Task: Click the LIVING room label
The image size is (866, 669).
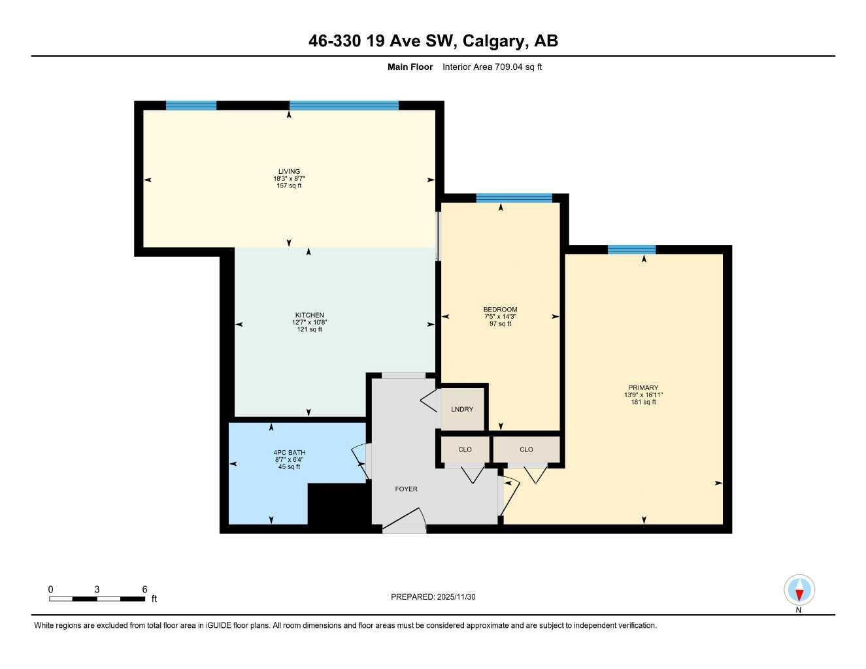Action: pyautogui.click(x=289, y=172)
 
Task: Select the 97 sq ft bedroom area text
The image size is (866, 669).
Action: pyautogui.click(x=500, y=323)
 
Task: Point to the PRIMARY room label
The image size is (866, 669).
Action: pyautogui.click(x=644, y=387)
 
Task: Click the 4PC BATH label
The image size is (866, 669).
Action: pyautogui.click(x=289, y=452)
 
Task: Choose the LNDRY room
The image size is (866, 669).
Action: pyautogui.click(x=462, y=409)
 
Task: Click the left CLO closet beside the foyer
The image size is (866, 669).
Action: pyautogui.click(x=465, y=449)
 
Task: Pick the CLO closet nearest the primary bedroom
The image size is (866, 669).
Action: pyautogui.click(x=526, y=449)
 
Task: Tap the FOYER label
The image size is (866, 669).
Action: pyautogui.click(x=406, y=489)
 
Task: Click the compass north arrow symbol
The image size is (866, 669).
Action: pyautogui.click(x=799, y=591)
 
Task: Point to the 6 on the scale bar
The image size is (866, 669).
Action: pyautogui.click(x=144, y=589)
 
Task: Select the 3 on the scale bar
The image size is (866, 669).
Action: pyautogui.click(x=97, y=589)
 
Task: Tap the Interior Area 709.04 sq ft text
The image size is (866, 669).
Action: pyautogui.click(x=491, y=67)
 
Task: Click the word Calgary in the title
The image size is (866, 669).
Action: pyautogui.click(x=495, y=41)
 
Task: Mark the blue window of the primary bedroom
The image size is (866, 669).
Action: pyautogui.click(x=631, y=249)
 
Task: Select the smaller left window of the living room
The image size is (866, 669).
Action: pyautogui.click(x=191, y=105)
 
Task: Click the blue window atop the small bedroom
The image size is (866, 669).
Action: pyautogui.click(x=514, y=198)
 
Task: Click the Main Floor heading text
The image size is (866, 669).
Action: pyautogui.click(x=410, y=67)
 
